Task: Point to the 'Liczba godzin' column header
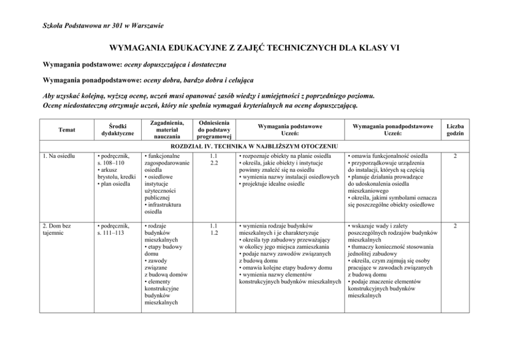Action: click(x=455, y=130)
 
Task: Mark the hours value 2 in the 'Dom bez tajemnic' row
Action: click(x=455, y=225)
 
